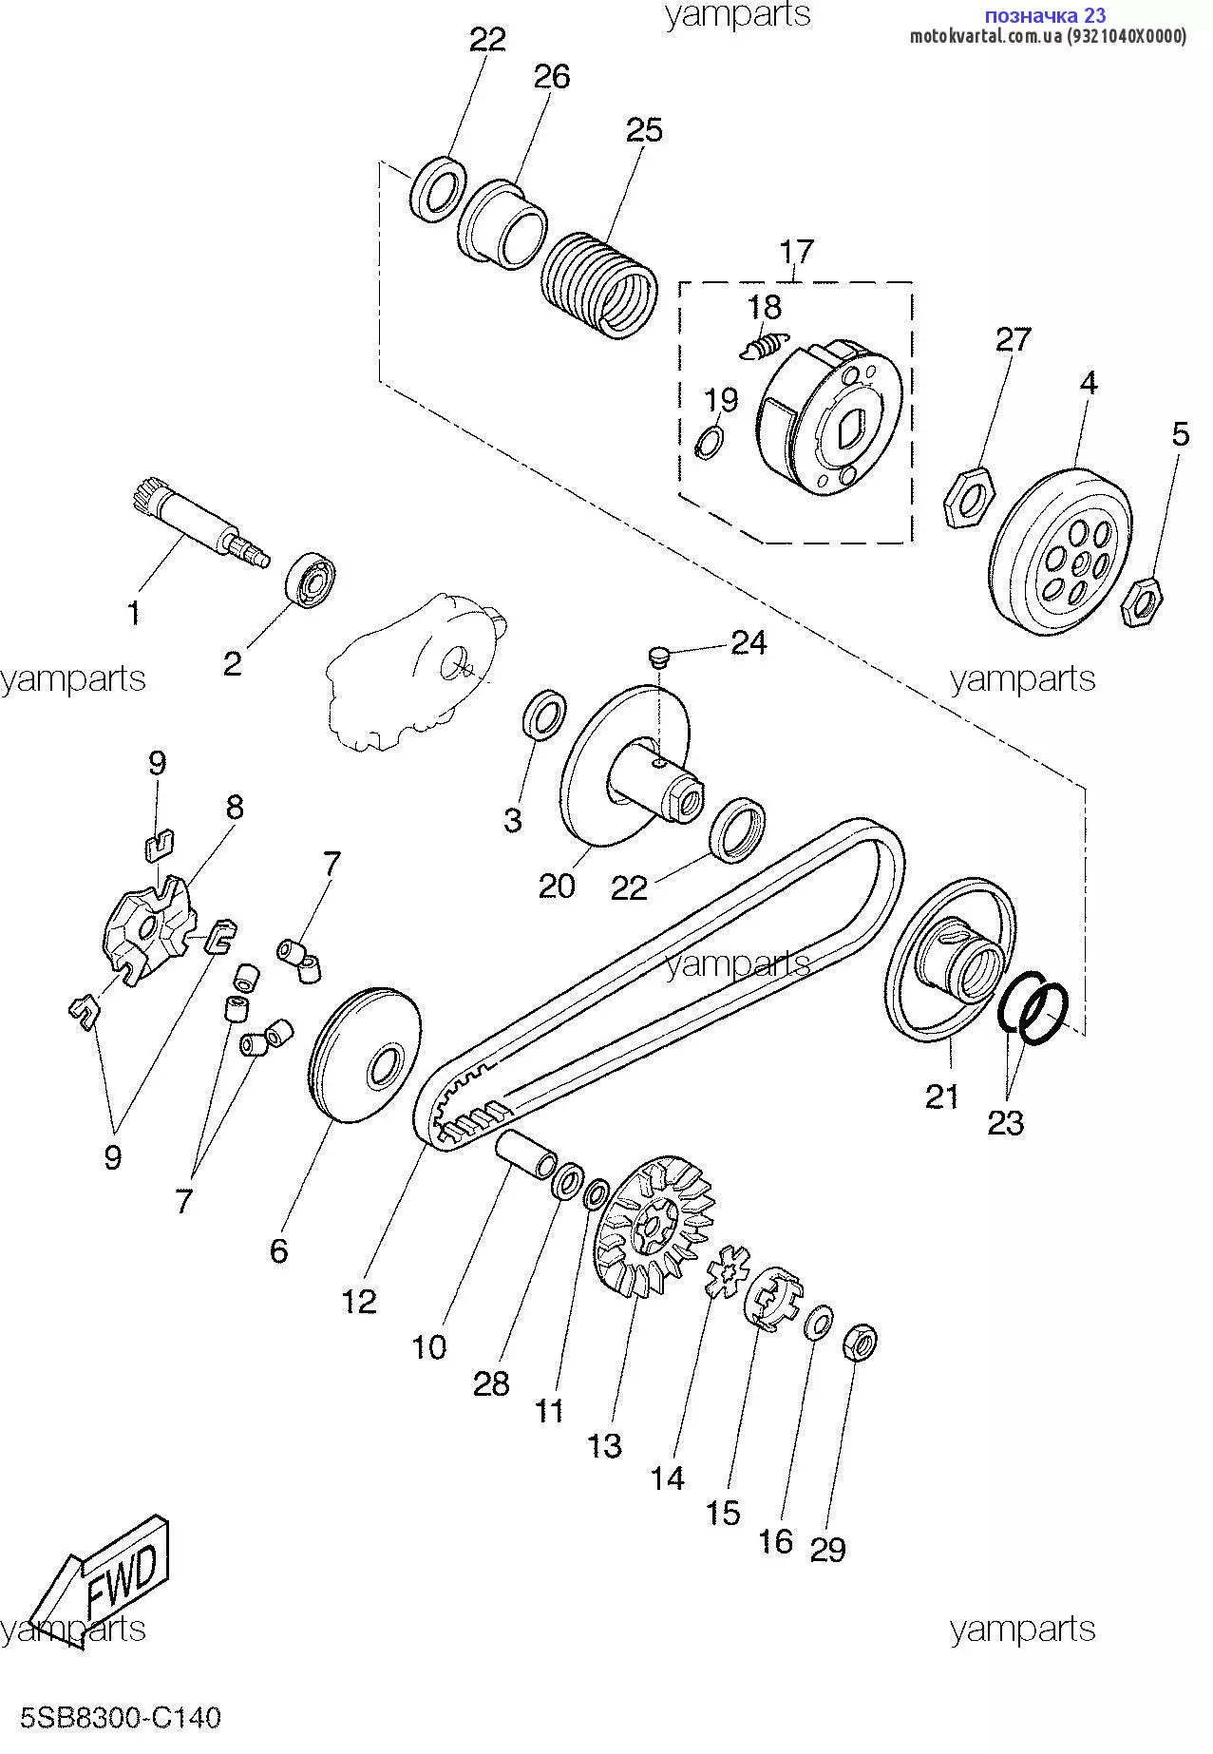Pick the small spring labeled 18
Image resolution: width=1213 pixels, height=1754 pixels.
(765, 346)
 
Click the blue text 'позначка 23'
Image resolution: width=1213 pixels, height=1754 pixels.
(1044, 15)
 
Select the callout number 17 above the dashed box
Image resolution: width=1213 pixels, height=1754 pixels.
(796, 252)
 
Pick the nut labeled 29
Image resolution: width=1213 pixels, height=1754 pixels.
(860, 1342)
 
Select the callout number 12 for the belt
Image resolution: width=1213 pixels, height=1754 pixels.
(359, 1301)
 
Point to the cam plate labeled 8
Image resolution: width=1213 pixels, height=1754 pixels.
(150, 927)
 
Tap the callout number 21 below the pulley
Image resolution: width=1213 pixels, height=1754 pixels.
(942, 1096)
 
